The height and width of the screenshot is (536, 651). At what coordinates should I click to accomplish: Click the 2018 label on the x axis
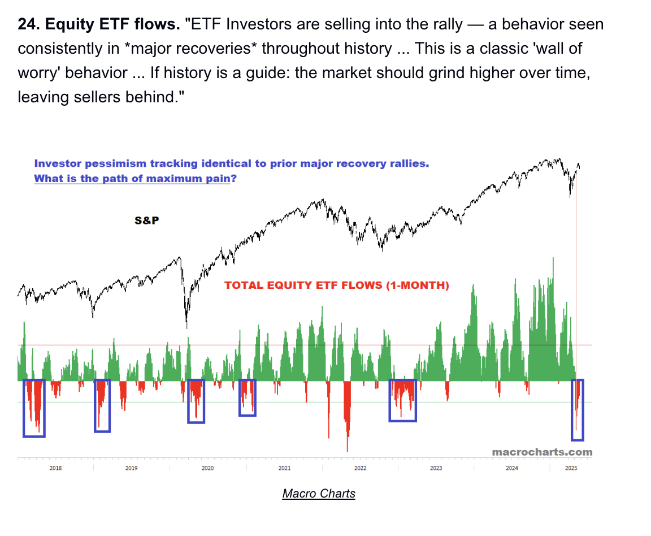tap(55, 468)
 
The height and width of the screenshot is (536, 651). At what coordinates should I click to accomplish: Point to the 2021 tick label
tap(284, 468)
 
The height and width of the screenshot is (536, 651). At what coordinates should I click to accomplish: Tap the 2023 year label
tap(436, 468)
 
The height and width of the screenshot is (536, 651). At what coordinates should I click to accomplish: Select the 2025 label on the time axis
tap(571, 468)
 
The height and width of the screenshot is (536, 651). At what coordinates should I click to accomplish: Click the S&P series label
tap(146, 221)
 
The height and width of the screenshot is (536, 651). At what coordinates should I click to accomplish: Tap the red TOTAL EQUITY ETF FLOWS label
tap(337, 286)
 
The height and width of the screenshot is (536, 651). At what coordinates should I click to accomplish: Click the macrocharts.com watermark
tap(542, 452)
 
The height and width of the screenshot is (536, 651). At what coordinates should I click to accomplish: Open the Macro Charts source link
tap(319, 494)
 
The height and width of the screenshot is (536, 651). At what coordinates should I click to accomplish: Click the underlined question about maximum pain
tap(135, 179)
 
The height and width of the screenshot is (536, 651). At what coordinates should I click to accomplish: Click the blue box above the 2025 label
tap(578, 410)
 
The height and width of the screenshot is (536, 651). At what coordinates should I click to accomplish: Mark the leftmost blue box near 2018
tap(34, 408)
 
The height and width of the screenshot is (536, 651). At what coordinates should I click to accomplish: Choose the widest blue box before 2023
tap(402, 400)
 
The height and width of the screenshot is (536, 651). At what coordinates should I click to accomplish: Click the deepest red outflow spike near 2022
tap(347, 447)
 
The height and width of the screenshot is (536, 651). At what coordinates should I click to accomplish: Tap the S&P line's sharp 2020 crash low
tap(186, 326)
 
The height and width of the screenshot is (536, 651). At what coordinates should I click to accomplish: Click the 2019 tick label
tap(131, 468)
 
